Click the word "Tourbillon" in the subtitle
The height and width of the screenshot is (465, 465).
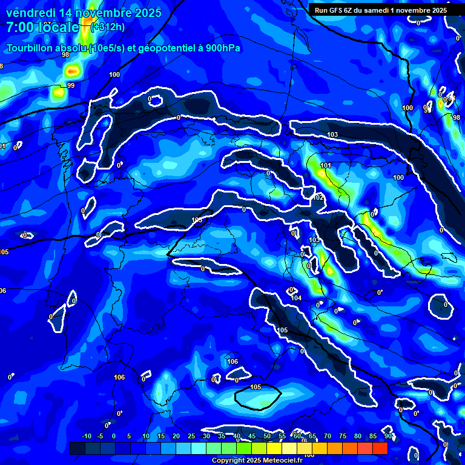(31, 49)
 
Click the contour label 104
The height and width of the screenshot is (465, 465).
(296, 298)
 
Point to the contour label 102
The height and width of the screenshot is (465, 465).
(319, 197)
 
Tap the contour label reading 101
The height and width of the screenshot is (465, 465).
(326, 165)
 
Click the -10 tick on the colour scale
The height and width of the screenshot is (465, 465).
(86, 436)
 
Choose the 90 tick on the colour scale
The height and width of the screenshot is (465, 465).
(387, 436)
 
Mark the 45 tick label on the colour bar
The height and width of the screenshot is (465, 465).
(252, 436)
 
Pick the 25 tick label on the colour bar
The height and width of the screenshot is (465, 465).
(191, 436)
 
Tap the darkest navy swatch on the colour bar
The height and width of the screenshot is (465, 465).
(77, 448)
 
